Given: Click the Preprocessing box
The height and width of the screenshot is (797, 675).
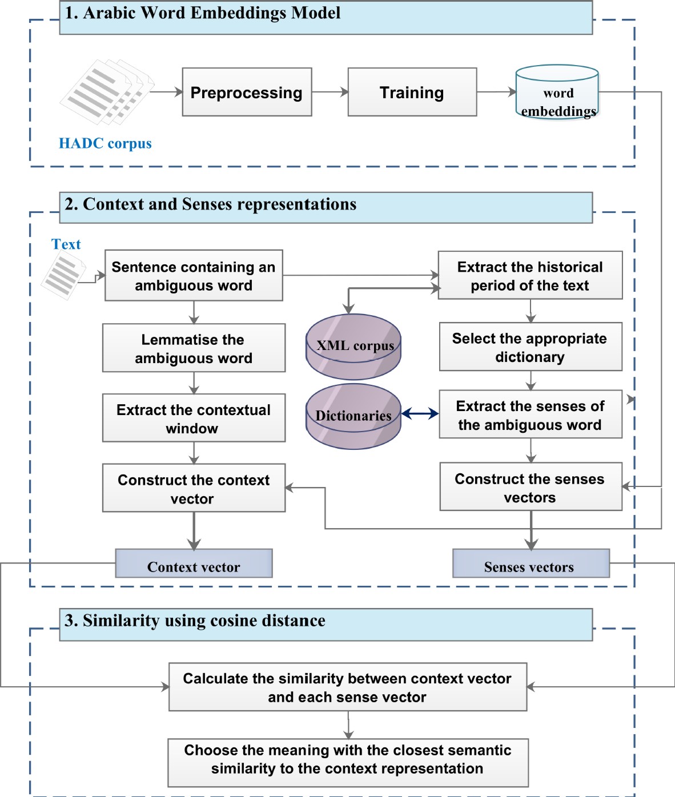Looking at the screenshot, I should tap(247, 92).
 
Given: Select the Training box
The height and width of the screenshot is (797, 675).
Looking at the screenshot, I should tap(412, 92).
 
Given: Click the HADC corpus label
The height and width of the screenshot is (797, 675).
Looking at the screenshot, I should tap(105, 143).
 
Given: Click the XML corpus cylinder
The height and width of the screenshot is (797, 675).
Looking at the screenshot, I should tap(353, 347).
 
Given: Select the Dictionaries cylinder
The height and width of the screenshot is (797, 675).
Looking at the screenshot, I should tap(353, 416).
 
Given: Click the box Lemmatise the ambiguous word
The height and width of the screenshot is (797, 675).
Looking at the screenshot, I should tap(194, 348).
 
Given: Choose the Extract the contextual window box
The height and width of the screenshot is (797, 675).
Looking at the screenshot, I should tap(194, 418).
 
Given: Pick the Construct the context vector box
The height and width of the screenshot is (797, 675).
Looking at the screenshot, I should tap(194, 488).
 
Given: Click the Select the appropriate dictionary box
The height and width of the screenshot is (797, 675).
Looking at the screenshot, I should tap(530, 347).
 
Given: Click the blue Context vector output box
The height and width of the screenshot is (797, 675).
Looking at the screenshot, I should tap(194, 564).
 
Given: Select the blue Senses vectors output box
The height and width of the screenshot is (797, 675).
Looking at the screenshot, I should tap(531, 564).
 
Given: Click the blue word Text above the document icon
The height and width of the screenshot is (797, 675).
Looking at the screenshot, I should tap(66, 244).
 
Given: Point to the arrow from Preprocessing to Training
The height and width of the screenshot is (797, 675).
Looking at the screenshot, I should tap(330, 92).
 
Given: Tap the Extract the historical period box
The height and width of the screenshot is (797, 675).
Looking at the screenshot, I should tap(530, 275).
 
